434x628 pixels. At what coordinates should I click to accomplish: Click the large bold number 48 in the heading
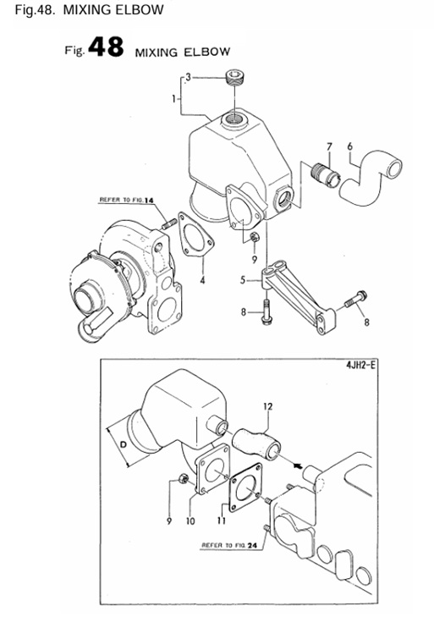pos(105,48)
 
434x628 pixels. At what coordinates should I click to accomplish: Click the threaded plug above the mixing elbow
pos(236,80)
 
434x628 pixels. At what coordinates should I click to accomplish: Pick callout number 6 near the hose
pos(349,146)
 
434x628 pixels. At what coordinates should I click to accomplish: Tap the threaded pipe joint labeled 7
pos(325,173)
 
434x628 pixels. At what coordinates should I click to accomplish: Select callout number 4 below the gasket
pos(202,279)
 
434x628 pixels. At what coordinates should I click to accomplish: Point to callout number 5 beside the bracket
pos(243,279)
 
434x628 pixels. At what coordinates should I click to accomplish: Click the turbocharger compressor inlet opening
pos(86,296)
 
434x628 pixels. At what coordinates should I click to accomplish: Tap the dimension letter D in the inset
pos(125,444)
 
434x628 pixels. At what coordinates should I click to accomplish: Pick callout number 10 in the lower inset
pos(190,521)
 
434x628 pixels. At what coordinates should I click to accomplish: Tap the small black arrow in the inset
pos(297,463)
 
